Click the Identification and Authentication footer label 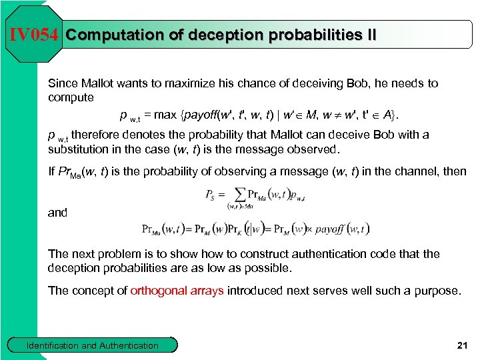(92, 345)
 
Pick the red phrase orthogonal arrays (177, 291)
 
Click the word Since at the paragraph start (63, 83)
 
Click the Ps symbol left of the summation (209, 196)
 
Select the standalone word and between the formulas (57, 213)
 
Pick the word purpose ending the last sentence (437, 291)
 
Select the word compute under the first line (71, 97)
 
